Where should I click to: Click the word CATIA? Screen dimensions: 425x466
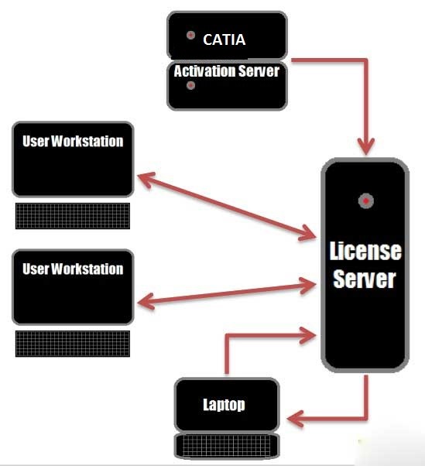(224, 39)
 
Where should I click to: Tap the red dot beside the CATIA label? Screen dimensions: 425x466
(190, 35)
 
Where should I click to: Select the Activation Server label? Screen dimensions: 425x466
(227, 71)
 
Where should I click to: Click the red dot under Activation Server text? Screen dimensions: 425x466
(190, 86)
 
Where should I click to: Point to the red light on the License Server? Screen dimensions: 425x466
(366, 201)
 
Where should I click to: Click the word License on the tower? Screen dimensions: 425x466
(365, 252)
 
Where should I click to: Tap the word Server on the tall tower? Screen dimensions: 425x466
(365, 279)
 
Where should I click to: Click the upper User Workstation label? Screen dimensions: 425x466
(73, 141)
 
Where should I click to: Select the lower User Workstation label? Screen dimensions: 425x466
(73, 269)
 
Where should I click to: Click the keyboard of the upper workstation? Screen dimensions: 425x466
(73, 216)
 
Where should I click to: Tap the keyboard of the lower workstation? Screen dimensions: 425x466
(73, 344)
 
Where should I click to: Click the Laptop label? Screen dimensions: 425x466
(224, 405)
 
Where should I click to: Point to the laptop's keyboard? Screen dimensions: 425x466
(227, 445)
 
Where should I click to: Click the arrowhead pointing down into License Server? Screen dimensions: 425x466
(366, 146)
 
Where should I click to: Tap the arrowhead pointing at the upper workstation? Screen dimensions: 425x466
(146, 179)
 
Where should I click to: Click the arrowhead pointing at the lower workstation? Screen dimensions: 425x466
(146, 302)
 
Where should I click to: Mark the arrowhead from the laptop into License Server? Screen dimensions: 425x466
(308, 335)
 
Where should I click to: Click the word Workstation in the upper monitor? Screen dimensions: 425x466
(87, 141)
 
